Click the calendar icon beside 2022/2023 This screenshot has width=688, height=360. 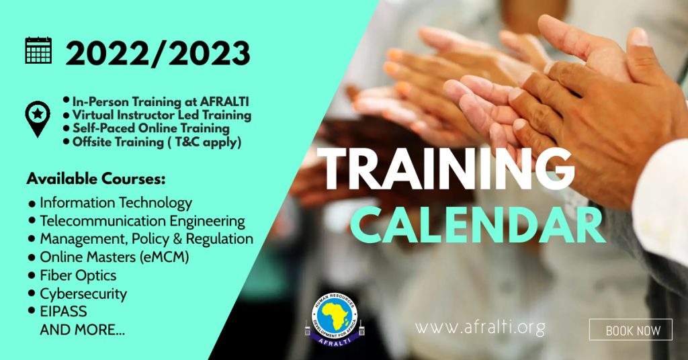[38, 50]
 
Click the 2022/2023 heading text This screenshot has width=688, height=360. [158, 54]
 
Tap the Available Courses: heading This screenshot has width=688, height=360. [96, 179]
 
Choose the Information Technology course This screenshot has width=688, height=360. [116, 203]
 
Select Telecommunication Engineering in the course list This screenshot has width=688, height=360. [142, 221]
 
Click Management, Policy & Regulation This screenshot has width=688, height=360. [146, 239]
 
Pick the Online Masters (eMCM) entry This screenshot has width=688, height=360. [114, 257]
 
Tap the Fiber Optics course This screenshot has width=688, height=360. [78, 275]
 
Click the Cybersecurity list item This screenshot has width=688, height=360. [83, 294]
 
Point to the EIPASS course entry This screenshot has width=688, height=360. [63, 312]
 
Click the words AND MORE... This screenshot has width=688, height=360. [82, 329]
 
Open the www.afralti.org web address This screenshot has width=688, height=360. [480, 328]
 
